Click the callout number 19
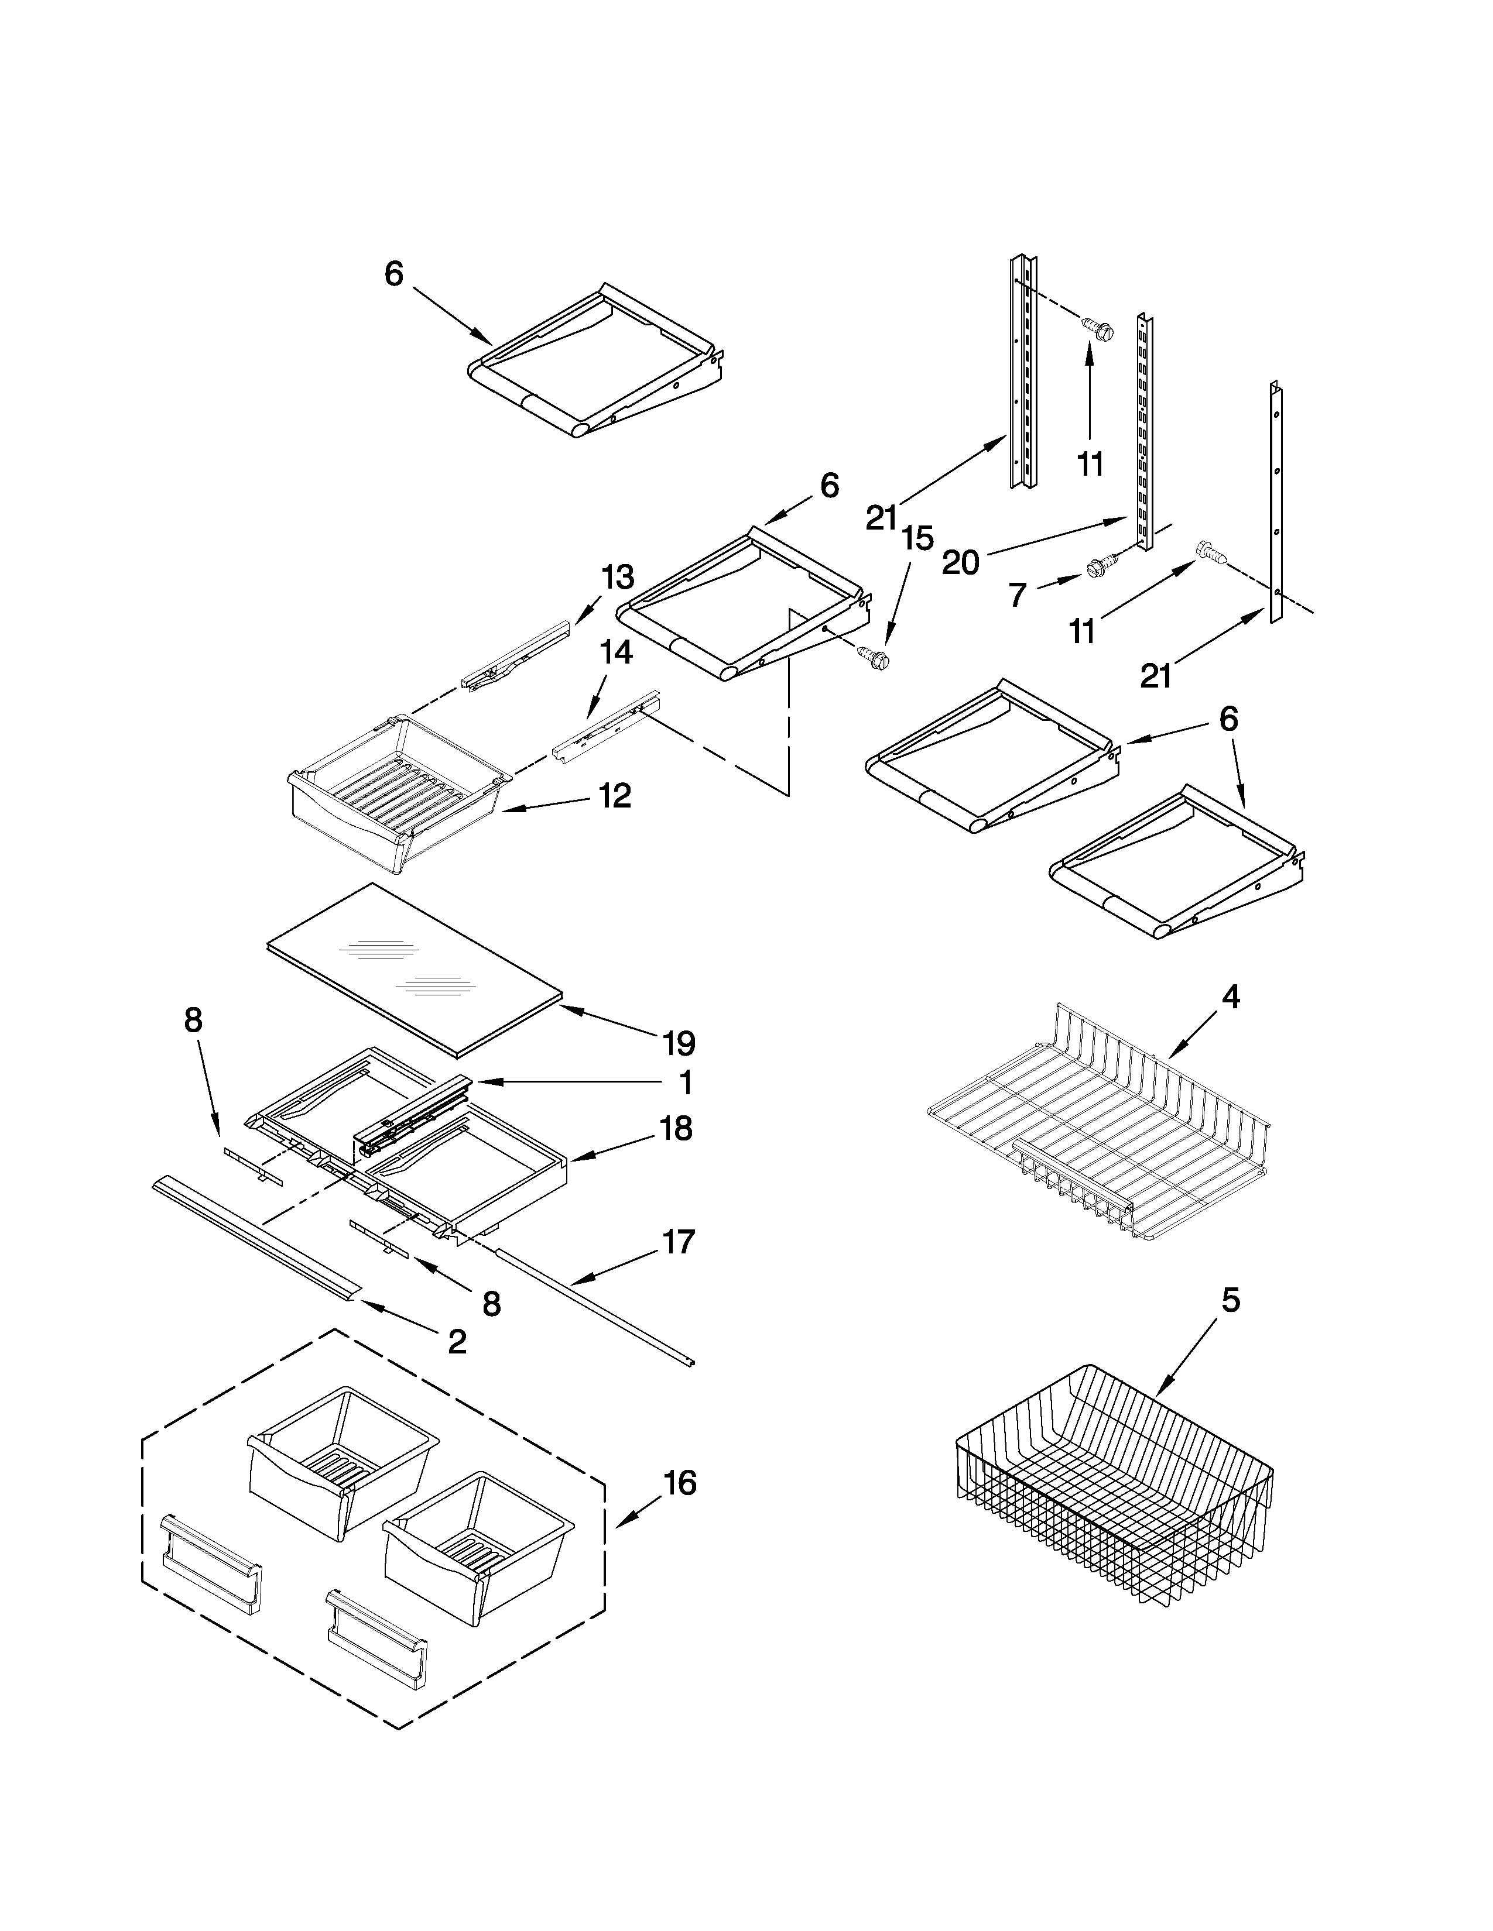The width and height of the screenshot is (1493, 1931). (679, 1043)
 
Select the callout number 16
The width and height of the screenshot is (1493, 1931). (679, 1483)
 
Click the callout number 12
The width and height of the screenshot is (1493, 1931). (615, 796)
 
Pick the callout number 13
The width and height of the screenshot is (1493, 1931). (617, 578)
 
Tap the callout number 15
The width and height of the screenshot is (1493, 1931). (918, 538)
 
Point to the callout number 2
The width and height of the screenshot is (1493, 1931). (457, 1343)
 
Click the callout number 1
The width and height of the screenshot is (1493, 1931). (686, 1082)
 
